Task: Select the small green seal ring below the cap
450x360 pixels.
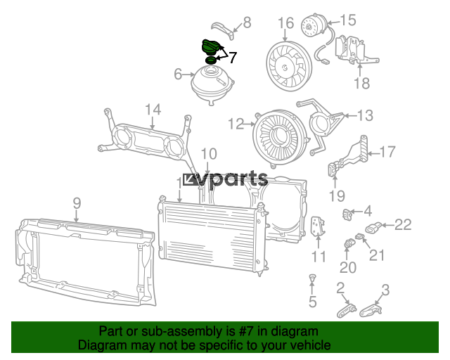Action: click(211, 60)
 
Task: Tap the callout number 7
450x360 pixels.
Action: click(232, 58)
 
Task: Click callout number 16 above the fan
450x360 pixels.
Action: click(286, 23)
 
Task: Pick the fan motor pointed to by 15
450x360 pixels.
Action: click(314, 25)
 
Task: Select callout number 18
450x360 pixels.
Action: click(361, 83)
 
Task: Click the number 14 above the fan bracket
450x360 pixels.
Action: click(153, 110)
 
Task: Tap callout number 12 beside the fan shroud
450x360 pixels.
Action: click(236, 124)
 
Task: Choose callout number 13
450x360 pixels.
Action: click(365, 115)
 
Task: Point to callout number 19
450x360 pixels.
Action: click(337, 196)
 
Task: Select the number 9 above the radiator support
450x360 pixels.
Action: click(77, 203)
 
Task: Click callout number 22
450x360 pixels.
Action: click(403, 225)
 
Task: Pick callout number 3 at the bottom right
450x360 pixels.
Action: click(385, 290)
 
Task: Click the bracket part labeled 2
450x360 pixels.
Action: click(347, 311)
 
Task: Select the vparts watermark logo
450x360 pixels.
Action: click(225, 180)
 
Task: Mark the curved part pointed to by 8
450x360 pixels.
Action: click(224, 30)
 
